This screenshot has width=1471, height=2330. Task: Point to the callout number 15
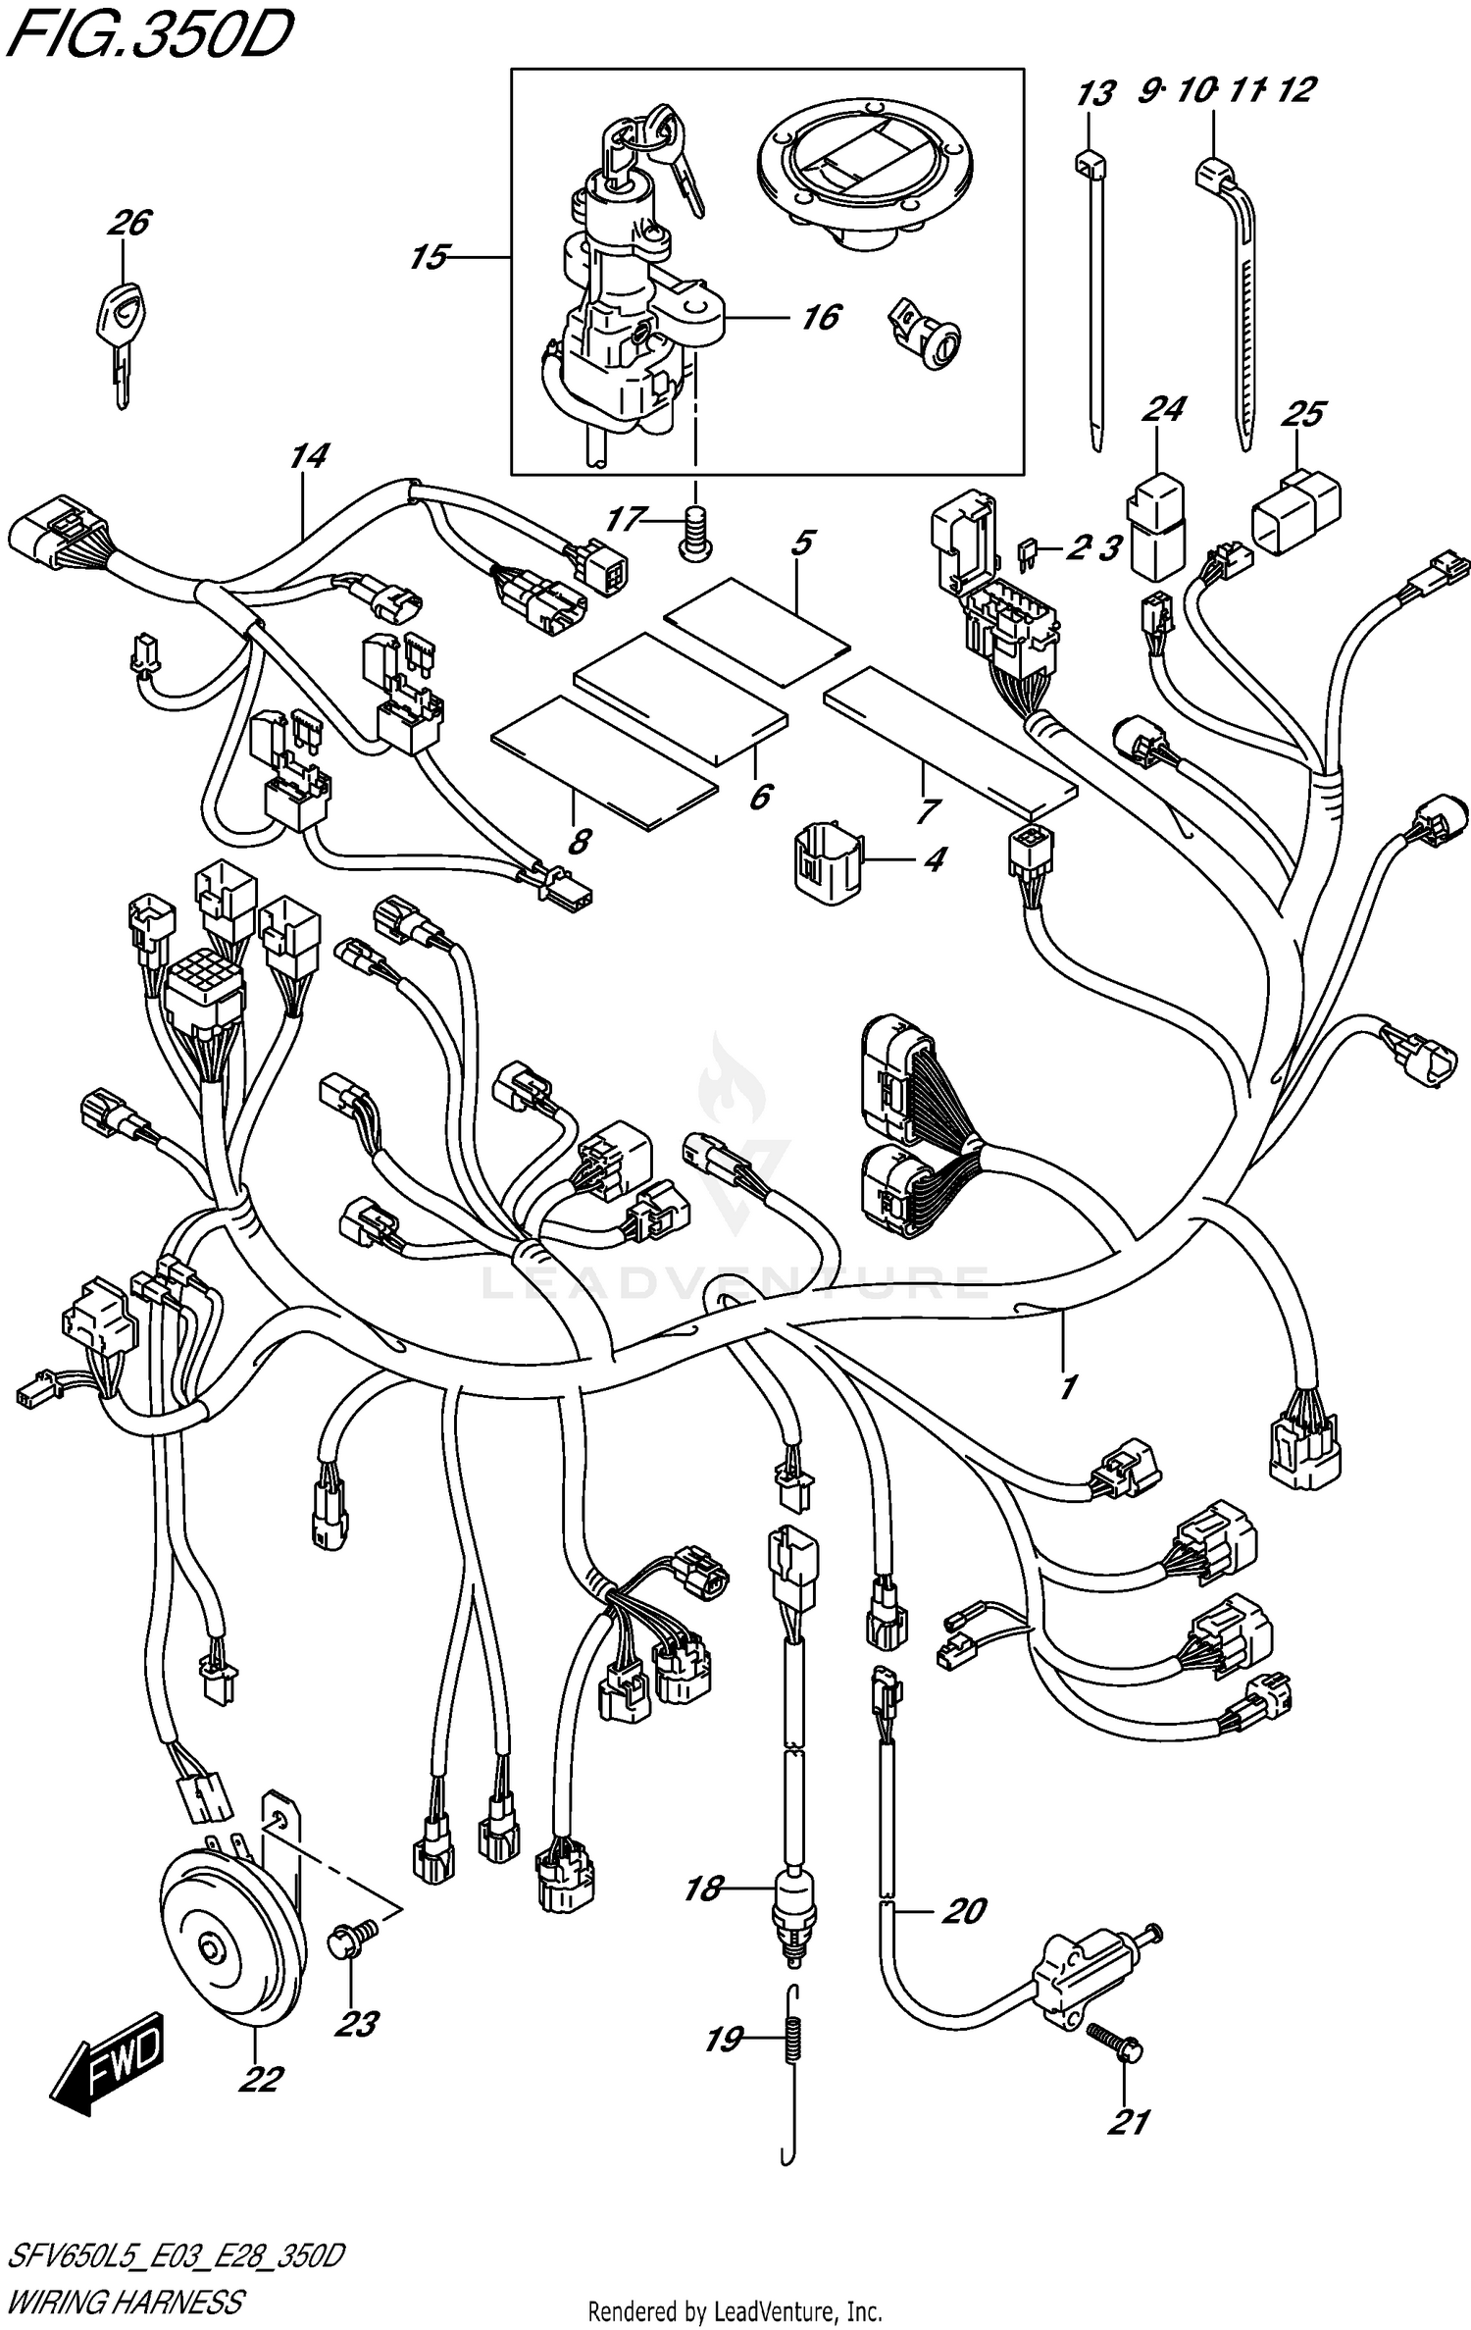tap(429, 258)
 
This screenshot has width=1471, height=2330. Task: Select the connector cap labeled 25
tap(1296, 504)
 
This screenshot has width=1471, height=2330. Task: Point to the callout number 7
tap(927, 810)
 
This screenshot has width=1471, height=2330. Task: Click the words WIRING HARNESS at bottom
tap(126, 2300)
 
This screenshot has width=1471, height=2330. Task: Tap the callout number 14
tap(309, 455)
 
